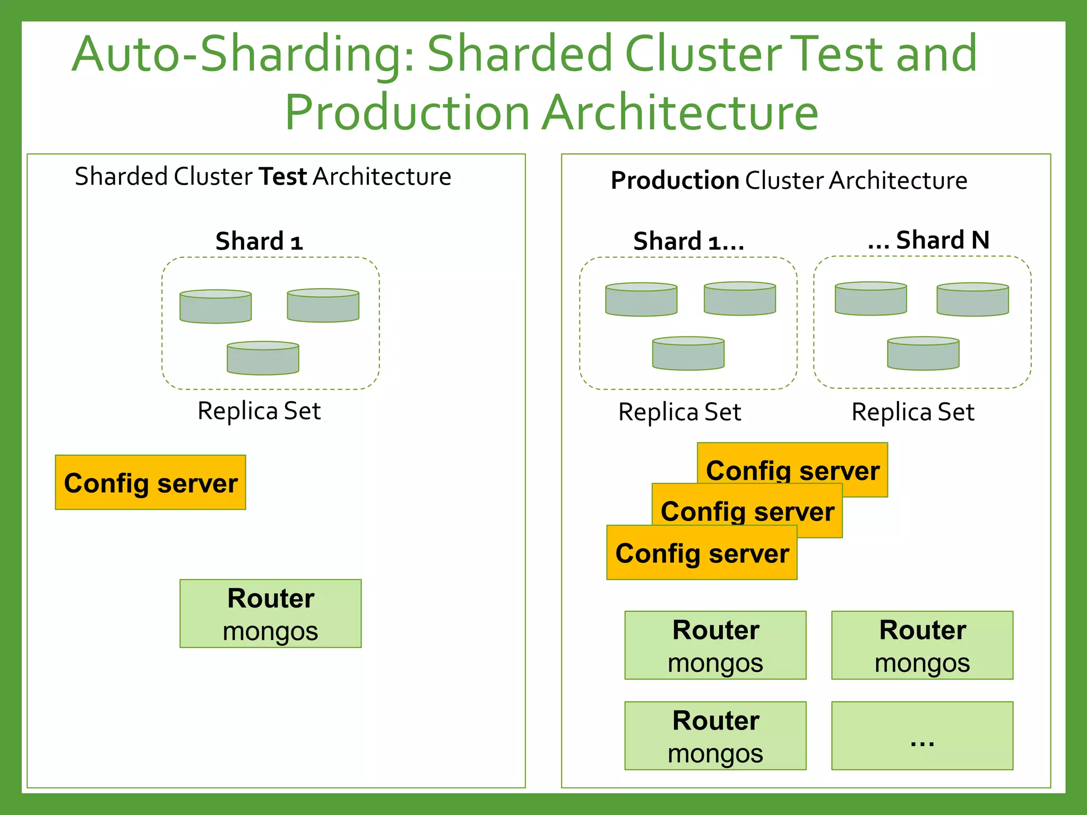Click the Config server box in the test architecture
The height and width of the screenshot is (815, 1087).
coord(150,482)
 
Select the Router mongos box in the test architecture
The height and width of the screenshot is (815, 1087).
coord(270,613)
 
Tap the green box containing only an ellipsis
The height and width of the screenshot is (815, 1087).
coord(922,736)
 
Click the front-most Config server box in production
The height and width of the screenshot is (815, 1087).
coord(702,553)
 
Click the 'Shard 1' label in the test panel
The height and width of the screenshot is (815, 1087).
coord(259,241)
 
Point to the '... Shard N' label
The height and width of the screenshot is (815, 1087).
coord(928,240)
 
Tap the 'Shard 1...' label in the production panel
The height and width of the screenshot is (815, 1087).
coord(688,241)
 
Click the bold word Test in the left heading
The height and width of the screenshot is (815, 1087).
coord(282,177)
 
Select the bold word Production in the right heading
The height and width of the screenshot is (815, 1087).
coord(675,180)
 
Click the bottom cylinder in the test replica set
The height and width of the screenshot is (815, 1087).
coord(263,358)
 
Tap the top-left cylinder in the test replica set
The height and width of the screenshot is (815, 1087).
coord(215,307)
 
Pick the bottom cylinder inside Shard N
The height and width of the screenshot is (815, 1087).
coord(923,353)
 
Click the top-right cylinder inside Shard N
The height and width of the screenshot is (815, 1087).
coord(972,300)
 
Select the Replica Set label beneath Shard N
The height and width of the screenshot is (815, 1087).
coord(913,412)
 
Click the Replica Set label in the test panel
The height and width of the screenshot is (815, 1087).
coord(259,411)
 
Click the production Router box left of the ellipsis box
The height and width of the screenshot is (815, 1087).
coord(715,736)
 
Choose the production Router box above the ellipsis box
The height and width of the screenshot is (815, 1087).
coord(922,645)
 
